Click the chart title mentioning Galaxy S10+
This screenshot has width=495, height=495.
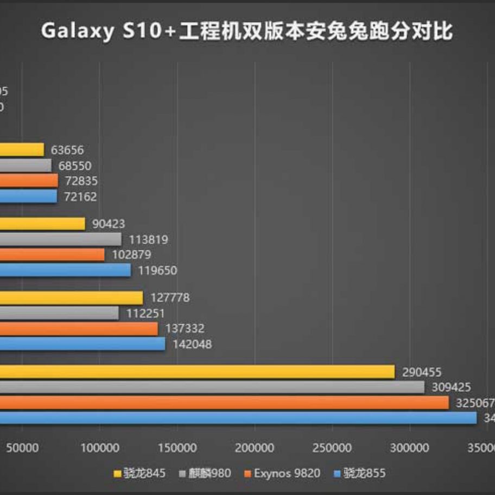[x=247, y=31]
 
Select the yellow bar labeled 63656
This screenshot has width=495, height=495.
[x=22, y=150]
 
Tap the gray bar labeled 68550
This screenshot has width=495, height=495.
[x=26, y=166]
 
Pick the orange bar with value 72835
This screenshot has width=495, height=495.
[x=29, y=181]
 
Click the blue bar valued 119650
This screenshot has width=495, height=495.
[x=65, y=270]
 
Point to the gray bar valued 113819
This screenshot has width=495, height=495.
[x=61, y=239]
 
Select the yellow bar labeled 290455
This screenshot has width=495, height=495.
[x=197, y=372]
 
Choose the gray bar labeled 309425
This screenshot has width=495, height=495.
[x=212, y=388]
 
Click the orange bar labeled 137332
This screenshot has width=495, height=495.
[x=79, y=329]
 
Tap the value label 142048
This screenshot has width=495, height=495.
[x=193, y=344]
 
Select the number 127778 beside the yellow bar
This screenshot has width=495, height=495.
[x=170, y=298]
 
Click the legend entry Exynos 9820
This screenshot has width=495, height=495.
[x=283, y=473]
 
